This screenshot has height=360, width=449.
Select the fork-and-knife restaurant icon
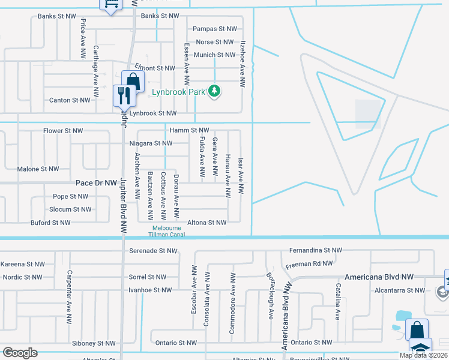[122, 94]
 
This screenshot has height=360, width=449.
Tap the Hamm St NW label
[189, 130]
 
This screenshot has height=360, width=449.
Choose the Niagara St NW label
[151, 143]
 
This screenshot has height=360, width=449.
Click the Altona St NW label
[207, 223]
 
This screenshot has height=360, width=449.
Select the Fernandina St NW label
[315, 250]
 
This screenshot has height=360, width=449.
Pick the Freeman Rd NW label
[310, 263]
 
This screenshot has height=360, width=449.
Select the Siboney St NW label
[93, 343]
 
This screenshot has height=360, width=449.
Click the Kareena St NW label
[23, 264]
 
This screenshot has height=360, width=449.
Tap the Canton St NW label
[70, 100]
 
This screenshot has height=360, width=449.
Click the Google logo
[20, 353]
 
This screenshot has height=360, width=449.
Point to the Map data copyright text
[424, 355]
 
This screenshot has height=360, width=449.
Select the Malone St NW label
[38, 169]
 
